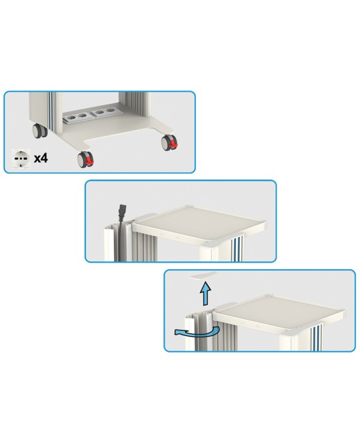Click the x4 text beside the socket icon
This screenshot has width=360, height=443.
point(41,159)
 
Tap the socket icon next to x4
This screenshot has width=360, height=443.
point(21,159)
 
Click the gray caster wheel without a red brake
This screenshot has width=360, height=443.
point(39,131)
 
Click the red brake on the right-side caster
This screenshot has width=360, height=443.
point(173,145)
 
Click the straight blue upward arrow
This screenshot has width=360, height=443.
point(206,293)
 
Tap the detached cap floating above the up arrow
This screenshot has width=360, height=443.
point(203,276)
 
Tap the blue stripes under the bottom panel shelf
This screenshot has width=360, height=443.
point(317,338)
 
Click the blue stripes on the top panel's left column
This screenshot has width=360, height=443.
point(51,113)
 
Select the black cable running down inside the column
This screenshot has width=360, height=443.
point(122,240)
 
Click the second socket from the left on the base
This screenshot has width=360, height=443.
point(82,115)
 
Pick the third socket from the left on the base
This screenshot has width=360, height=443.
point(99,112)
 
